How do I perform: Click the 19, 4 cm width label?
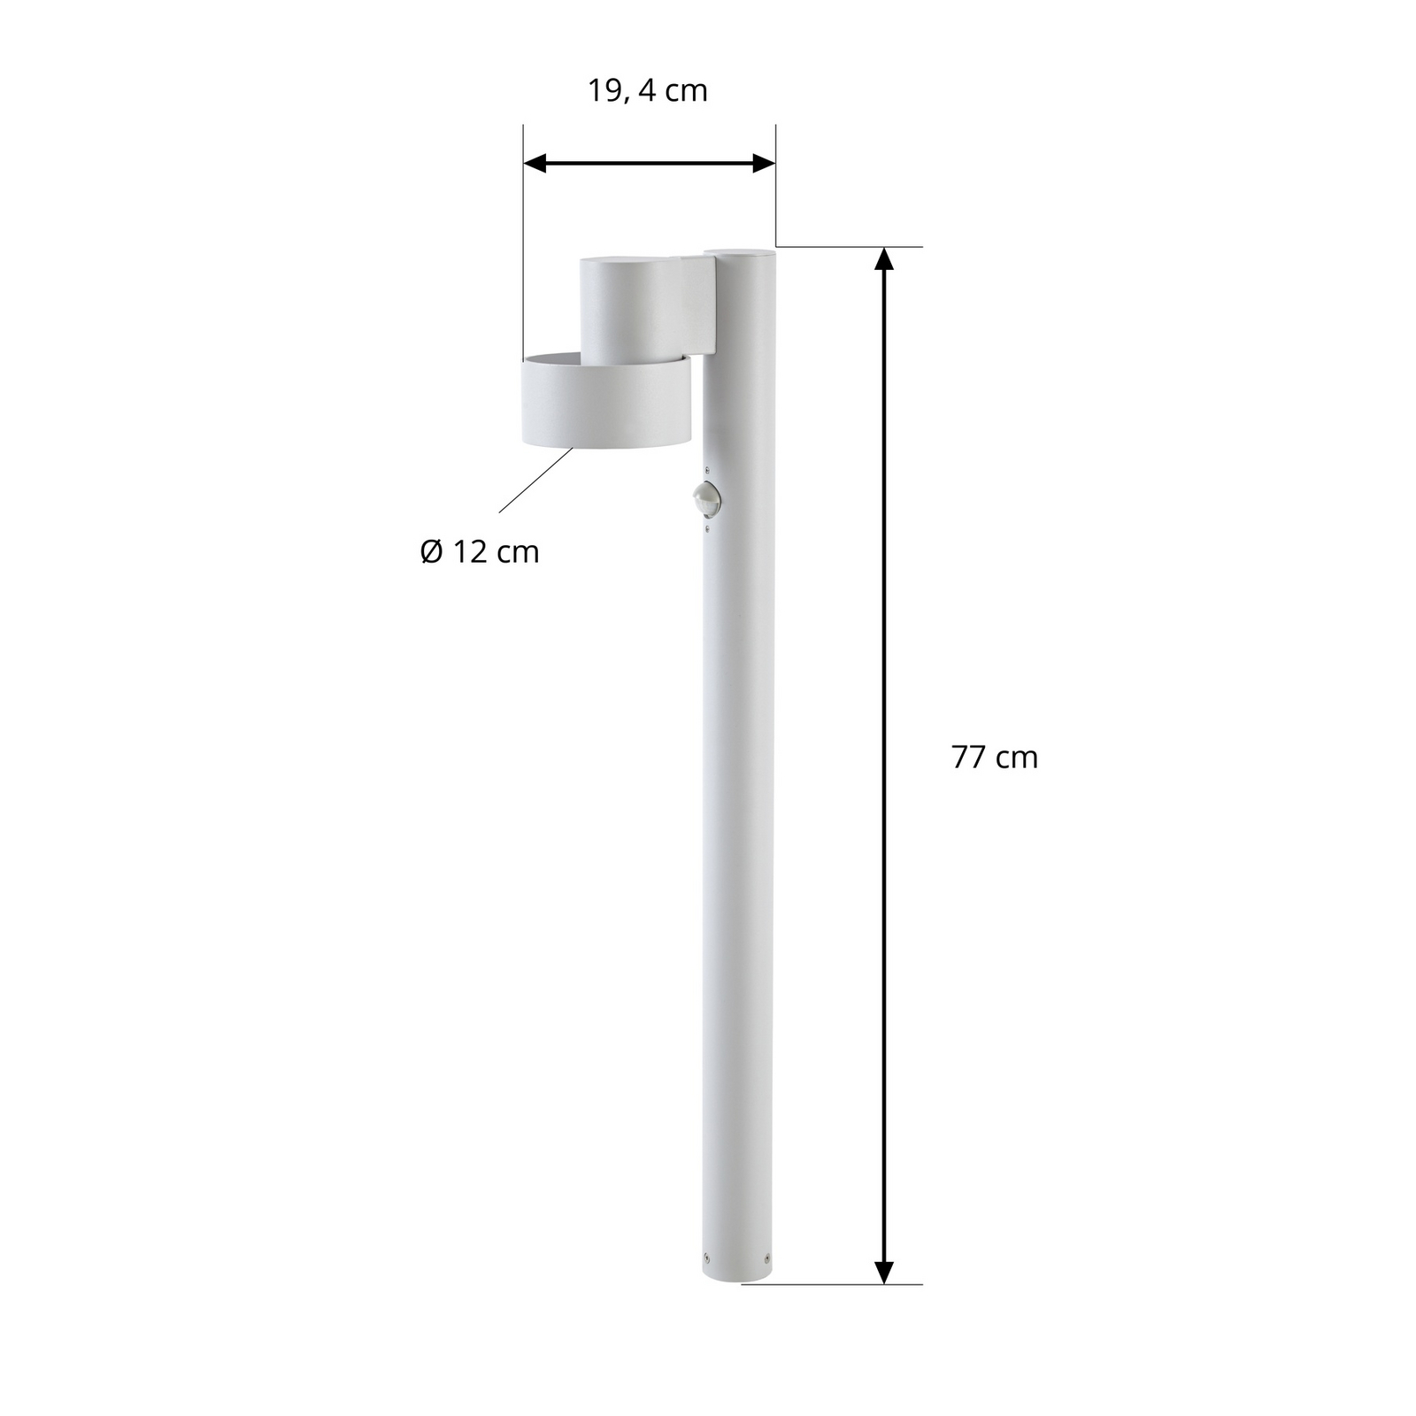tap(648, 91)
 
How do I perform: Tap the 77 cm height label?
tap(994, 758)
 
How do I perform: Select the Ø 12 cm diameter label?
tap(479, 552)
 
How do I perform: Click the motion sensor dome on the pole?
tap(706, 497)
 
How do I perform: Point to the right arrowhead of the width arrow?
tap(764, 163)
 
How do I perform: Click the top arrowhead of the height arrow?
tap(883, 258)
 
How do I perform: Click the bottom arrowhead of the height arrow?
tap(883, 1272)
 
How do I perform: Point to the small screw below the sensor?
tap(706, 528)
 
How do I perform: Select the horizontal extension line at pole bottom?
tap(832, 1284)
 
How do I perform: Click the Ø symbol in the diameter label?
tap(431, 552)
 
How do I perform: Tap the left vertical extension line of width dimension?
tap(523, 248)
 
